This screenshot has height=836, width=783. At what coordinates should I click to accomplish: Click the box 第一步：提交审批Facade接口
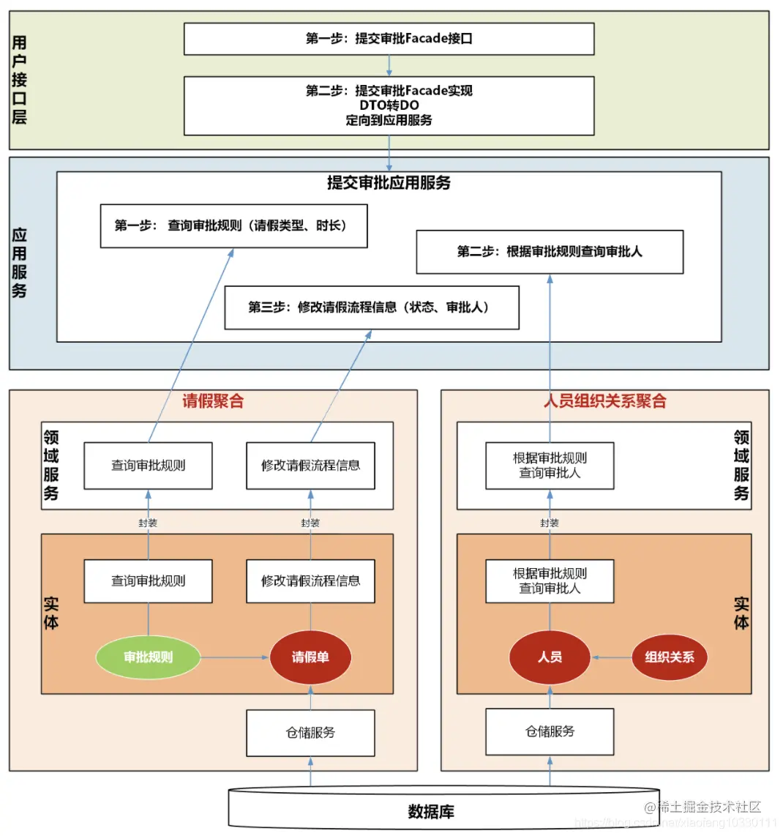[389, 39]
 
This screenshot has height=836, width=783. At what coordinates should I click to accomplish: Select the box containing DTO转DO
[389, 105]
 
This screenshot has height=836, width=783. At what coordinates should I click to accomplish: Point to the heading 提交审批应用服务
[389, 183]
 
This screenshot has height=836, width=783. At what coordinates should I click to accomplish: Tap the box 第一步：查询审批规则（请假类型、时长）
[233, 226]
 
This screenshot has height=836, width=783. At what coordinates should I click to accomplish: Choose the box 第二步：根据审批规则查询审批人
[550, 252]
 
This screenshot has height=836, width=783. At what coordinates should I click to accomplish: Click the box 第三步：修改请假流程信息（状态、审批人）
[372, 307]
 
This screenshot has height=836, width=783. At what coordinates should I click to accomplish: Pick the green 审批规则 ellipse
[148, 657]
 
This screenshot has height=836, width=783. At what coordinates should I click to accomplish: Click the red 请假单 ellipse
[310, 657]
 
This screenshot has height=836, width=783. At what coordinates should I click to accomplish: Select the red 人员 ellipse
[550, 657]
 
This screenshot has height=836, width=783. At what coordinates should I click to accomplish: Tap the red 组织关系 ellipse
[670, 657]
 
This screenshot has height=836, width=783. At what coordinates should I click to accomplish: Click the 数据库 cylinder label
[431, 812]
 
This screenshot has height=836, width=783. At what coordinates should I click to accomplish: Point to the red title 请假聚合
[213, 401]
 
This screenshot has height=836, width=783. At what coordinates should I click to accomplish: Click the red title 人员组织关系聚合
[605, 401]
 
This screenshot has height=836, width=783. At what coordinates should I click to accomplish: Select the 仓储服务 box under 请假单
[310, 732]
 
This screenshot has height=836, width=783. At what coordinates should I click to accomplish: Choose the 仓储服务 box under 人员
[550, 731]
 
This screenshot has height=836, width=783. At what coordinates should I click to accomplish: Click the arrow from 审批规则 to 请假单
[234, 657]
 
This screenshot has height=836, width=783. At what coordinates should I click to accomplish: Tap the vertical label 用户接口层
[20, 80]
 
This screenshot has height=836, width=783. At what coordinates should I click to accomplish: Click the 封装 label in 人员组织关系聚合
[550, 523]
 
